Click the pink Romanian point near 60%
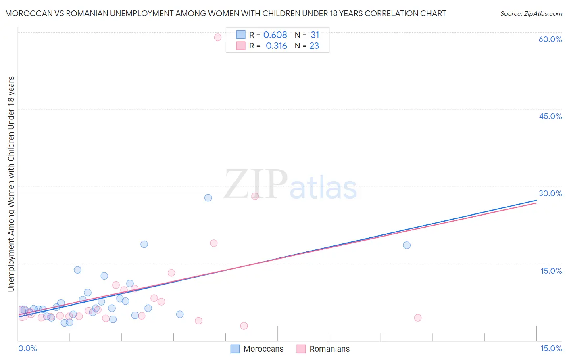click(x=218, y=38)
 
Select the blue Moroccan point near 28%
click(x=208, y=198)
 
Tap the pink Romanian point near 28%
click(x=255, y=196)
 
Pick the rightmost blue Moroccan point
click(x=406, y=245)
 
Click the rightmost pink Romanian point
click(x=418, y=318)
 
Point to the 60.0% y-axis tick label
click(x=550, y=40)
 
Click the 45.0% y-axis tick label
click(x=550, y=117)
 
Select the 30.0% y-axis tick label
click(x=550, y=194)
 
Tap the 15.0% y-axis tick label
click(x=551, y=271)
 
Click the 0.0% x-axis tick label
click(x=27, y=349)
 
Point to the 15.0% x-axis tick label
click(x=551, y=349)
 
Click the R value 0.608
click(x=275, y=35)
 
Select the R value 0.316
click(x=276, y=46)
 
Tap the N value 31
click(x=315, y=35)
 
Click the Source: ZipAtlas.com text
click(x=531, y=14)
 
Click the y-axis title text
click(x=11, y=184)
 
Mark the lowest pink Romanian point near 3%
click(x=244, y=326)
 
